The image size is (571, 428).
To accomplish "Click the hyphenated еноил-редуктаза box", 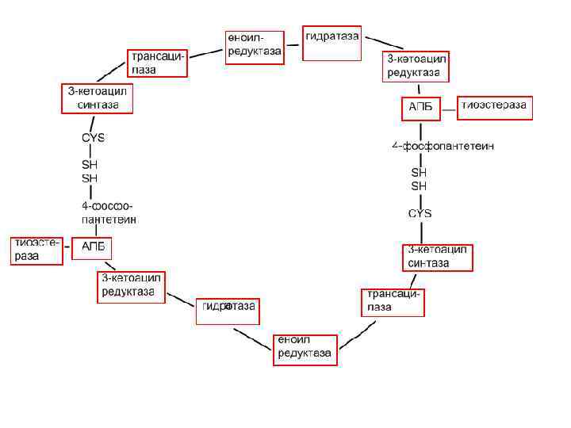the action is click(254, 46).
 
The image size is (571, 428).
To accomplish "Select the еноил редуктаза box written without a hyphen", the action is click(305, 349).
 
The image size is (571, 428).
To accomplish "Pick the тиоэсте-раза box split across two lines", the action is click(37, 250).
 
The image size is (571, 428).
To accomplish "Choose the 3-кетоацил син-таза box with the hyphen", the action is click(438, 258).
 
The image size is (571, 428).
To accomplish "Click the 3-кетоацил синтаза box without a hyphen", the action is click(98, 98).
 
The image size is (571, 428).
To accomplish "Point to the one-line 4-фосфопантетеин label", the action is click(443, 146).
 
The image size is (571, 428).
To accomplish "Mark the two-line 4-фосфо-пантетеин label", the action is click(109, 212).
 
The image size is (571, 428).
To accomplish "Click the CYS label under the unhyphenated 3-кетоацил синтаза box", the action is click(94, 138).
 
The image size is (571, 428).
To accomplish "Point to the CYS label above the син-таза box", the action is click(420, 214).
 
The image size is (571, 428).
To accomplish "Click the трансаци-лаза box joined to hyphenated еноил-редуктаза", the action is click(159, 63).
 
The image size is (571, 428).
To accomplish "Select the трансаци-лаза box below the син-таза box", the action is click(393, 302).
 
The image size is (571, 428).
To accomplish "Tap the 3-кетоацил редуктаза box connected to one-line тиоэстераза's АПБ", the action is click(417, 67).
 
